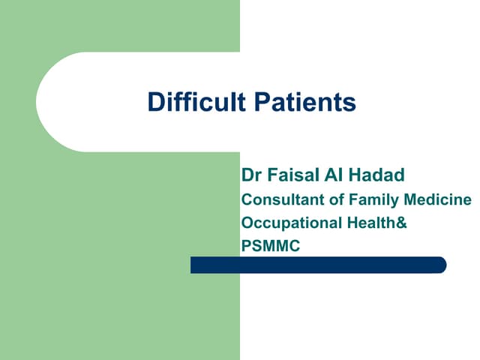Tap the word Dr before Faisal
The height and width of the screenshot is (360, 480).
pos(251,175)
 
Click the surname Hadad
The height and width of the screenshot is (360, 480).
pos(376,175)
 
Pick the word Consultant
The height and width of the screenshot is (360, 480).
pos(277,200)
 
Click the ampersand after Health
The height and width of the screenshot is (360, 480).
pos(402,223)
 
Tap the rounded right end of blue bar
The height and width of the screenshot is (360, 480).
pos(442,265)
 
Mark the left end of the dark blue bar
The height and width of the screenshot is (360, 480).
pos(193,265)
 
